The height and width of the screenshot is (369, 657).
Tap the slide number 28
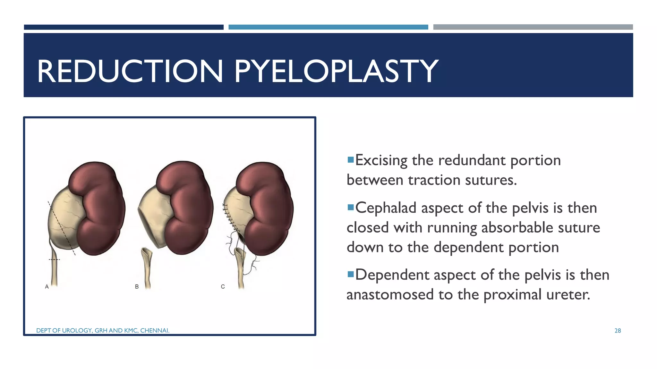click(x=618, y=331)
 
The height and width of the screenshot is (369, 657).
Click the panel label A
click(x=47, y=287)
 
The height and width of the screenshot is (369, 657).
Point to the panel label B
click(x=137, y=287)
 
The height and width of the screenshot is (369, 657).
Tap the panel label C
click(x=223, y=287)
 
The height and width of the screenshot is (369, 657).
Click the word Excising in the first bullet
click(x=381, y=160)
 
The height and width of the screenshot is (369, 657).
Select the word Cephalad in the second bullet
click(x=386, y=208)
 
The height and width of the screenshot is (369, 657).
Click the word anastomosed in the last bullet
click(x=390, y=294)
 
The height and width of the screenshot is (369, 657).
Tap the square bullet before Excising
click(x=350, y=159)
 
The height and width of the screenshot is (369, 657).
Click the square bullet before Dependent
click(x=350, y=274)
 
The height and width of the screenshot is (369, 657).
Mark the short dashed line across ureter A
click(x=54, y=259)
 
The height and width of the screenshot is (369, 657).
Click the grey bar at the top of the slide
click(x=533, y=27)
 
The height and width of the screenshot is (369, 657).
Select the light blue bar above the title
click(x=328, y=27)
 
